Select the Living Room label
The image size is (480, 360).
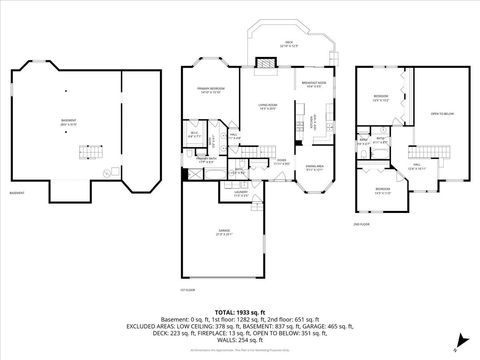tap(266, 106)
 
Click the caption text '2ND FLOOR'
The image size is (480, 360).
tap(364, 225)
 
